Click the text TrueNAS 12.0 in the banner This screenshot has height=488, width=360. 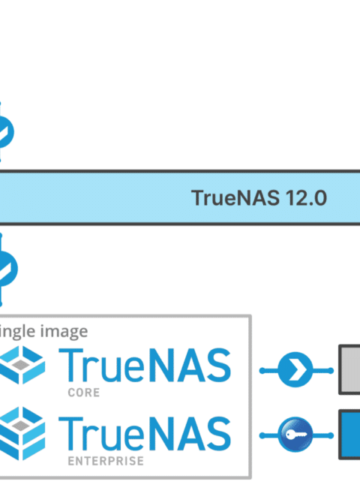pos(259,197)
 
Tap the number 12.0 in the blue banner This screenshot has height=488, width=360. pos(306,197)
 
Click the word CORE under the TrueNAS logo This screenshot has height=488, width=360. pos(84,393)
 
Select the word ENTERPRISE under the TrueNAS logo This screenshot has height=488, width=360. pos(106,461)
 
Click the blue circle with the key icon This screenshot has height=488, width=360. pos(295,435)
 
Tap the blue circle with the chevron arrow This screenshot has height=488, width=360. pos(295,369)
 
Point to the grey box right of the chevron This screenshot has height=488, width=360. pos(349,369)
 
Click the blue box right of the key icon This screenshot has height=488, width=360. pos(349,435)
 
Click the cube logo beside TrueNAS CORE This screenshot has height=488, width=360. pos(22,365)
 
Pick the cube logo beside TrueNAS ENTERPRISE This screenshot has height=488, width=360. pos(22,433)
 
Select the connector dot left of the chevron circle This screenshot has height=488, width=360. pos(262,370)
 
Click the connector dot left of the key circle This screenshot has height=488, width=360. pos(262,435)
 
